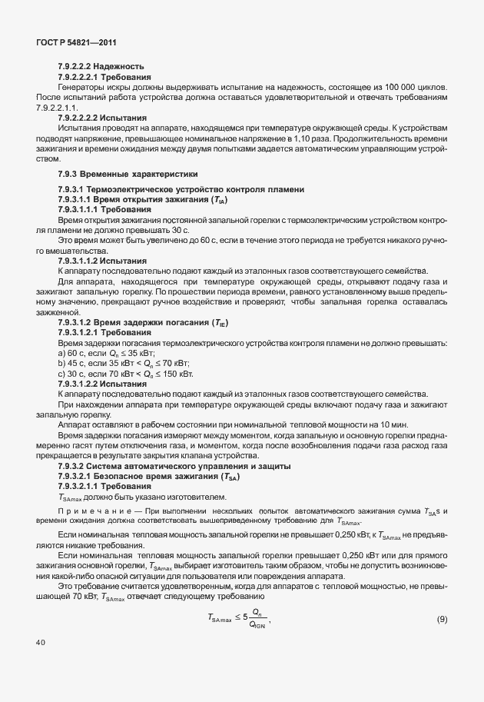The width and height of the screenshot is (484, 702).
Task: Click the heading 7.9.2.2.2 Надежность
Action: click(101, 66)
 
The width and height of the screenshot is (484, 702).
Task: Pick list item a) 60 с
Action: click(107, 351)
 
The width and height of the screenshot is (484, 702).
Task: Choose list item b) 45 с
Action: click(124, 362)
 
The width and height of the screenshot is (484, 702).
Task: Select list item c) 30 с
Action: click(126, 373)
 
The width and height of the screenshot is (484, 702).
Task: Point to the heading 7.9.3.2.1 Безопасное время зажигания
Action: click(149, 477)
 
